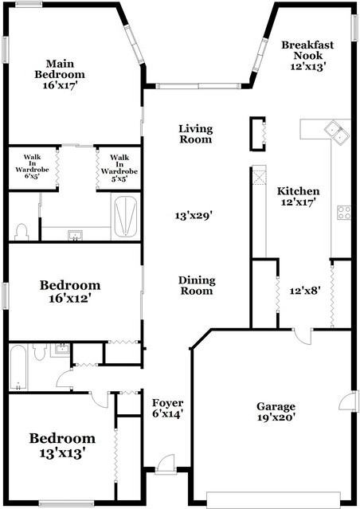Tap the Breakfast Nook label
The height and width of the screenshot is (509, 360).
point(307,56)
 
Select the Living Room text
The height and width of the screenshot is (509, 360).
point(195,134)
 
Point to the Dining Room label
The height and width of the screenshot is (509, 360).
point(196,285)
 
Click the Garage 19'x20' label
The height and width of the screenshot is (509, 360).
point(276,412)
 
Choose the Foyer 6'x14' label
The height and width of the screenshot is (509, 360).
point(168,408)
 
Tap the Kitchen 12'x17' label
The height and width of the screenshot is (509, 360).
point(298,197)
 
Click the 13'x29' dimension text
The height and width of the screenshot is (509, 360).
point(194,214)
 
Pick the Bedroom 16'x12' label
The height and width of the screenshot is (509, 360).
point(71,292)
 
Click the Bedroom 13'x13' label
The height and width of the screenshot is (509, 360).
point(62,444)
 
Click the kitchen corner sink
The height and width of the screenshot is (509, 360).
point(335,130)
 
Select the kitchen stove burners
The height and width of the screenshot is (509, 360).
point(344,212)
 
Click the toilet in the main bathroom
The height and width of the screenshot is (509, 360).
point(22,231)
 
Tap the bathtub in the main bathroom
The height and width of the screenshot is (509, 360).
point(124,216)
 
